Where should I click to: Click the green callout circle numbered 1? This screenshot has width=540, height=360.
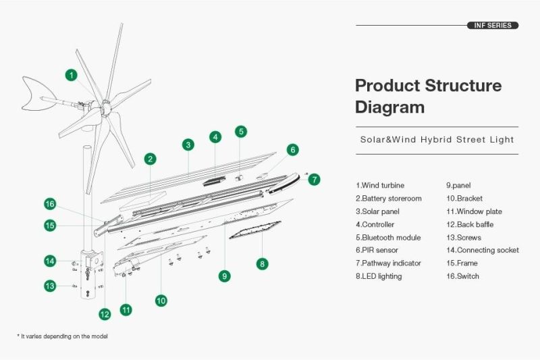click(x=72, y=75)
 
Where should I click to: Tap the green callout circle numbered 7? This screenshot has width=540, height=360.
click(x=314, y=180)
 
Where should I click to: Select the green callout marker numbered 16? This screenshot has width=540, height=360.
click(x=50, y=204)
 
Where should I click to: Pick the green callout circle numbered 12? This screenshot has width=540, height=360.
click(x=105, y=314)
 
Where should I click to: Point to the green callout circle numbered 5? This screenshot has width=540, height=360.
click(x=241, y=132)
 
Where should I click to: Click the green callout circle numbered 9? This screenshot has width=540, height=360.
click(x=225, y=276)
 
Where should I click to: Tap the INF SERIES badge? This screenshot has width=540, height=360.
click(x=493, y=26)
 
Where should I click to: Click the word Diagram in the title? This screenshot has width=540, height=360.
click(x=389, y=107)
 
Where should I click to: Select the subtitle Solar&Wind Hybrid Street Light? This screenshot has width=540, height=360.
click(x=437, y=140)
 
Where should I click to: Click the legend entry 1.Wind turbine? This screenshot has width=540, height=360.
click(x=380, y=185)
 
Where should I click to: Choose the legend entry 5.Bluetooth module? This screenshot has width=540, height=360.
click(x=389, y=237)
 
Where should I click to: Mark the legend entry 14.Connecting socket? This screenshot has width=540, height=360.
click(x=483, y=251)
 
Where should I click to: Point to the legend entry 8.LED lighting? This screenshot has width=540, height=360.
click(x=379, y=276)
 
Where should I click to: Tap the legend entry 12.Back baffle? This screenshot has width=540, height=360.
click(x=470, y=225)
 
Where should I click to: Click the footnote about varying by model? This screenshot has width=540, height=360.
click(x=62, y=336)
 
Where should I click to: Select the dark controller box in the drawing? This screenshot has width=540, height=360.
click(x=214, y=181)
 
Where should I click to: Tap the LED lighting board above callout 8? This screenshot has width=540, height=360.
click(x=255, y=230)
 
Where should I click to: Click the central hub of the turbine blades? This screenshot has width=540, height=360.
click(x=105, y=108)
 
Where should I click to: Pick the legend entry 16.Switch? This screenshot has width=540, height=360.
click(x=462, y=276)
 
